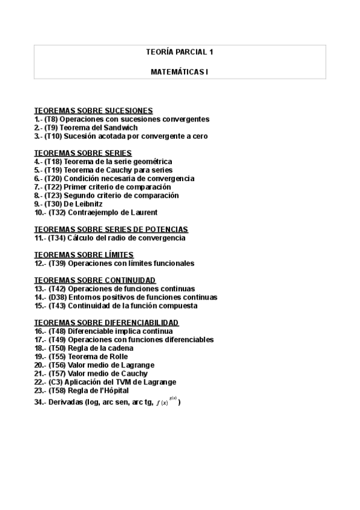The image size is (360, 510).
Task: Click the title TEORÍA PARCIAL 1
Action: pyautogui.click(x=180, y=52)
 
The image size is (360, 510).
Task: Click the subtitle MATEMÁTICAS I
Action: pyautogui.click(x=180, y=72)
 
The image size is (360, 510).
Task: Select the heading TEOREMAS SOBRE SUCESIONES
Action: pyautogui.click(x=93, y=111)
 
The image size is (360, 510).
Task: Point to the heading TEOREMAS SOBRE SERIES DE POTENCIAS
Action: pyautogui.click(x=111, y=229)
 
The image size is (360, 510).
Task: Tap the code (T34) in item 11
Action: pyautogui.click(x=56, y=238)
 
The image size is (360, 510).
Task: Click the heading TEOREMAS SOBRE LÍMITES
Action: pyautogui.click(x=84, y=255)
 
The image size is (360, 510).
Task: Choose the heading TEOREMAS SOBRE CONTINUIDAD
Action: pyautogui.click(x=94, y=280)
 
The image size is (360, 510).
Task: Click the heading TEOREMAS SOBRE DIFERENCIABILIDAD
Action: pyautogui.click(x=106, y=322)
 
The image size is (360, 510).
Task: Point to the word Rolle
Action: pyautogui.click(x=117, y=357)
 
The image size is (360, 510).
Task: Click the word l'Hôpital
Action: pyautogui.click(x=112, y=390)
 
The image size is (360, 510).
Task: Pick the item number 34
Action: pyautogui.click(x=40, y=402)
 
